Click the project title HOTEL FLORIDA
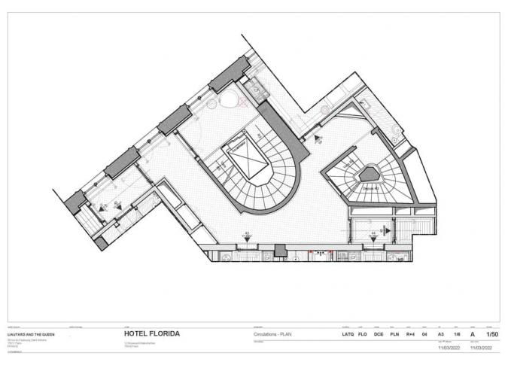[x=151, y=334]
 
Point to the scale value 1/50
[x=492, y=334]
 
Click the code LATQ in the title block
[x=348, y=334]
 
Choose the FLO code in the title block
[x=362, y=334]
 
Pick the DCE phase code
[x=379, y=334]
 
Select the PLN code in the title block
[x=394, y=334]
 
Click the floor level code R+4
[x=410, y=334]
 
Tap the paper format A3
[x=441, y=334]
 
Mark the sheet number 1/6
[x=456, y=334]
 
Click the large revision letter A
[x=473, y=334]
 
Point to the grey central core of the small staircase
[x=371, y=175]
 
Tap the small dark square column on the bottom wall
[x=280, y=250]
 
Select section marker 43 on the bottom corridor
[x=246, y=236]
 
